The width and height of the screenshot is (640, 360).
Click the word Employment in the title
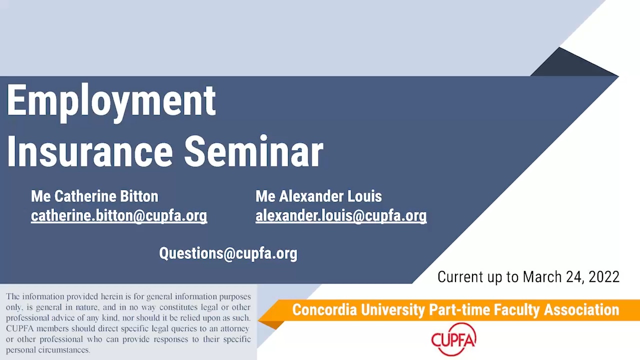click(111, 103)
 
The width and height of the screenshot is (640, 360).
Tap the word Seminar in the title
click(253, 151)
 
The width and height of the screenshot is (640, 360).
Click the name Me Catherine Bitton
click(94, 196)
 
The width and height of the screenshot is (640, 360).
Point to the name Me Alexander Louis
click(318, 196)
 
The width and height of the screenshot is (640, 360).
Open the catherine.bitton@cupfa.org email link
click(119, 215)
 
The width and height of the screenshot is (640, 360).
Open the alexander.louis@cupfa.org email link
click(341, 215)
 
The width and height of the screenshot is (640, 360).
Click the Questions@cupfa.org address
click(228, 253)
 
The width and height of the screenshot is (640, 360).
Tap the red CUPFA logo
click(453, 339)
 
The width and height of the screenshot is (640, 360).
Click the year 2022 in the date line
click(604, 277)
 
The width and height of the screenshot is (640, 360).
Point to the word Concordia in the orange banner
click(324, 310)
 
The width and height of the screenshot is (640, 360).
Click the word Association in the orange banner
click(581, 310)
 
